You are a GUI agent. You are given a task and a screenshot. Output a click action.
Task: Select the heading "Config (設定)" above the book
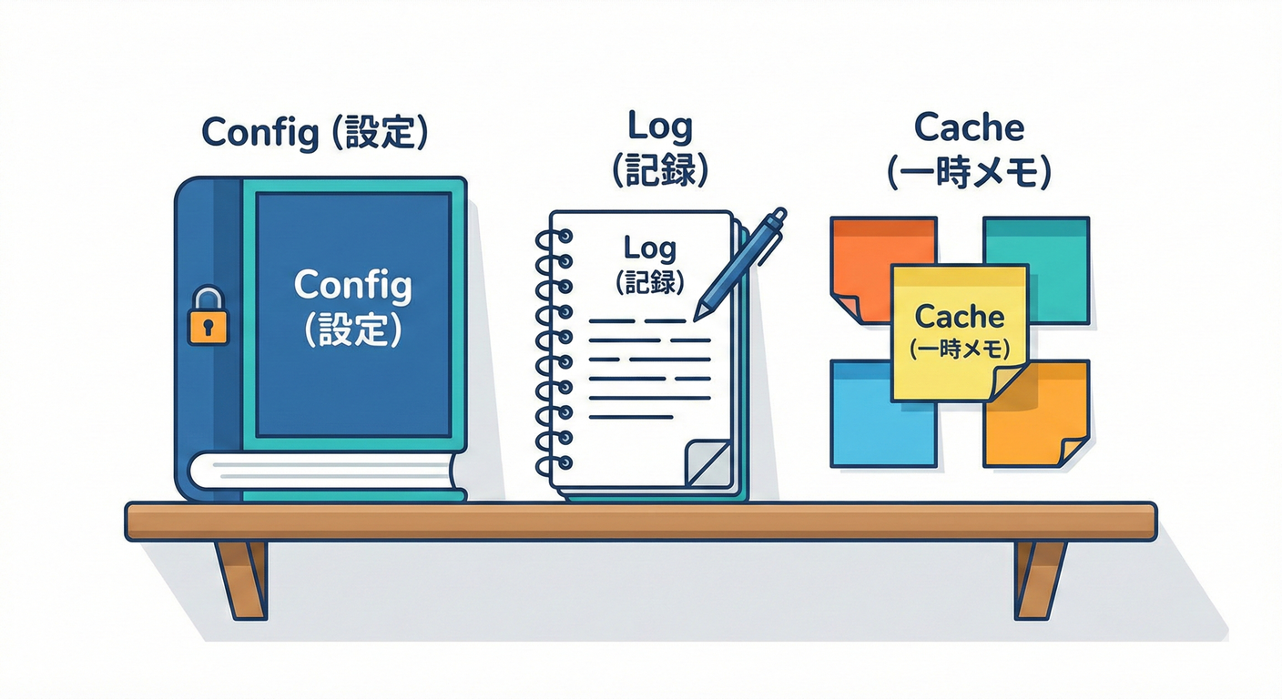[x=314, y=133]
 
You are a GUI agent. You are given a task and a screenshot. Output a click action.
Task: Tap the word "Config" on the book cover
[x=353, y=287]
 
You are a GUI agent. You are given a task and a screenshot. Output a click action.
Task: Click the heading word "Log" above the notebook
[x=660, y=127]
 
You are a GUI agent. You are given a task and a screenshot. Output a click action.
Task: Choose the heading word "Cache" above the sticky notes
[x=969, y=127]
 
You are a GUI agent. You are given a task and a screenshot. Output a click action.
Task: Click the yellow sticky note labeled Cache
[x=959, y=332]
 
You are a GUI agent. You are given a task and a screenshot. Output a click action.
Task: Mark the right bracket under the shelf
[x=1039, y=578]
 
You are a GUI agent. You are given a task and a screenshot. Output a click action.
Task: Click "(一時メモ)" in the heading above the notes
[x=969, y=172]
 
